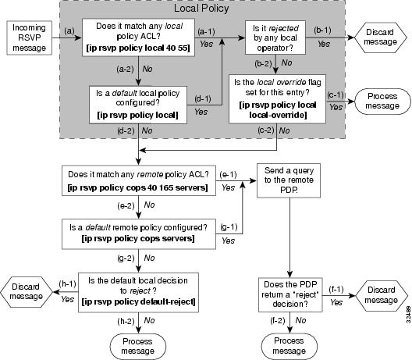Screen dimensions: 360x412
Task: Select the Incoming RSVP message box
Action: click(x=27, y=37)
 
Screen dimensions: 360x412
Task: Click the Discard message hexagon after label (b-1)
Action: click(x=382, y=37)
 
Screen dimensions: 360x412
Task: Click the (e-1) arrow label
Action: click(x=229, y=177)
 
